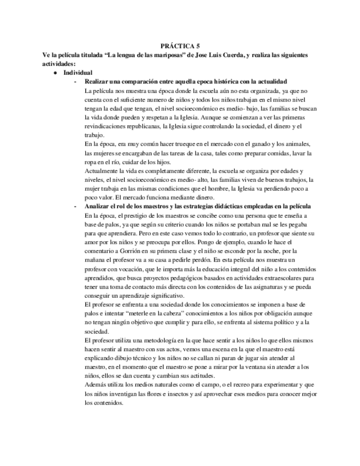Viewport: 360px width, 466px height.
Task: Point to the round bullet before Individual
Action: [56, 73]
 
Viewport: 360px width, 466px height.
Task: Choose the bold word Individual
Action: [78, 73]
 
